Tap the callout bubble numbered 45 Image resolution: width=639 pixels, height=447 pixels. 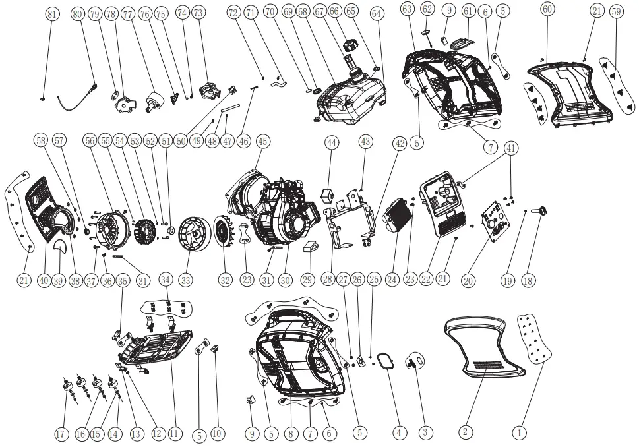click(x=262, y=141)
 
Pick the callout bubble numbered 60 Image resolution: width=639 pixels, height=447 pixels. click(x=547, y=9)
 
